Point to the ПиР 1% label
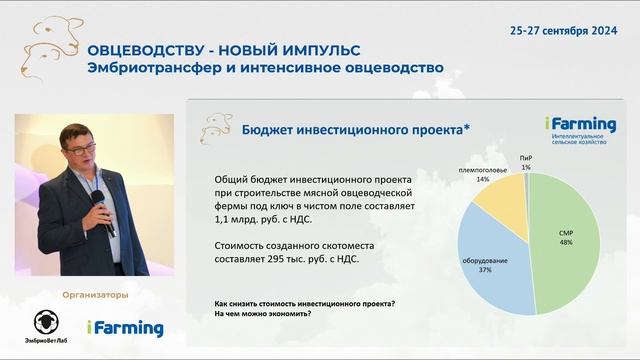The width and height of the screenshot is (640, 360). [x=526, y=163]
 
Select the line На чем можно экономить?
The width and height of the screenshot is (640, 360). [x=262, y=314]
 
